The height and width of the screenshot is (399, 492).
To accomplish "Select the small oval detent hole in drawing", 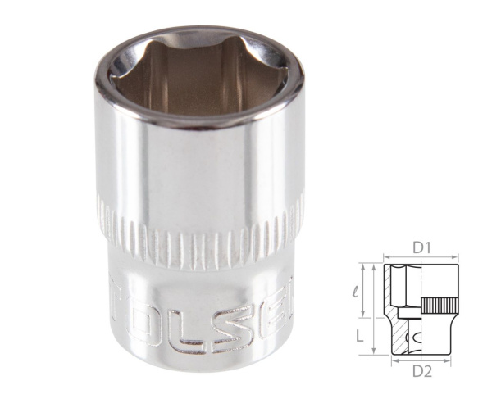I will (x=417, y=336).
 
